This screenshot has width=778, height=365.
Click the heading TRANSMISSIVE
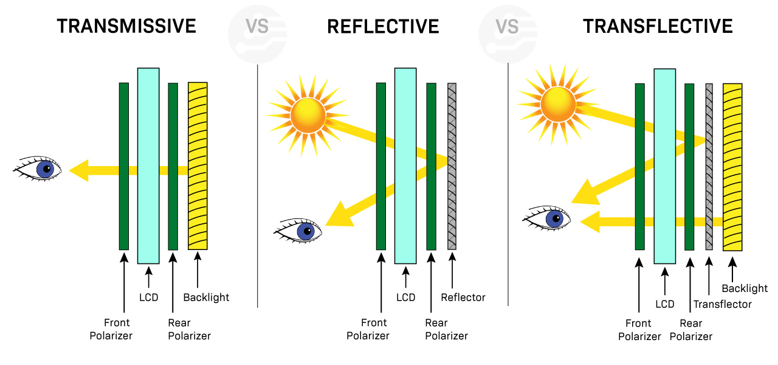pyautogui.click(x=126, y=26)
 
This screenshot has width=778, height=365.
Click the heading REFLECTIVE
pyautogui.click(x=383, y=26)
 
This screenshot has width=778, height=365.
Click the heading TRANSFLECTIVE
pyautogui.click(x=658, y=26)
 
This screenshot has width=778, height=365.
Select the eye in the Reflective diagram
pyautogui.click(x=301, y=231)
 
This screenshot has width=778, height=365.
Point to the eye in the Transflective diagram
pyautogui.click(x=550, y=218)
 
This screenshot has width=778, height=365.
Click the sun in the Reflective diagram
pyautogui.click(x=308, y=114)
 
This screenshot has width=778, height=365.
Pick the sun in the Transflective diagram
pyautogui.click(x=557, y=103)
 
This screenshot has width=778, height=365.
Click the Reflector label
pyautogui.click(x=463, y=297)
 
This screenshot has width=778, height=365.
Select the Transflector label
pyautogui.click(x=722, y=304)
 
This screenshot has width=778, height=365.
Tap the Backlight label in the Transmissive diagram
pyautogui.click(x=206, y=297)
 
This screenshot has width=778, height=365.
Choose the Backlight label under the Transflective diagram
pyautogui.click(x=745, y=288)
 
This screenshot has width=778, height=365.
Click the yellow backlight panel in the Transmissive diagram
pyautogui.click(x=198, y=165)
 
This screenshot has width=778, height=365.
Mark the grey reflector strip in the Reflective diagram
pyautogui.click(x=452, y=165)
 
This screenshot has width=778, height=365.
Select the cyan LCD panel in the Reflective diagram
pyautogui.click(x=405, y=165)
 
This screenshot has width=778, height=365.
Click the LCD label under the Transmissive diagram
pyautogui.click(x=149, y=297)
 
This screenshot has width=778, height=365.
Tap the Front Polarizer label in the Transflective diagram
pyautogui.click(x=639, y=330)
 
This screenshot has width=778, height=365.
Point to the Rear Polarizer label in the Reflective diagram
pyautogui.click(x=446, y=329)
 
